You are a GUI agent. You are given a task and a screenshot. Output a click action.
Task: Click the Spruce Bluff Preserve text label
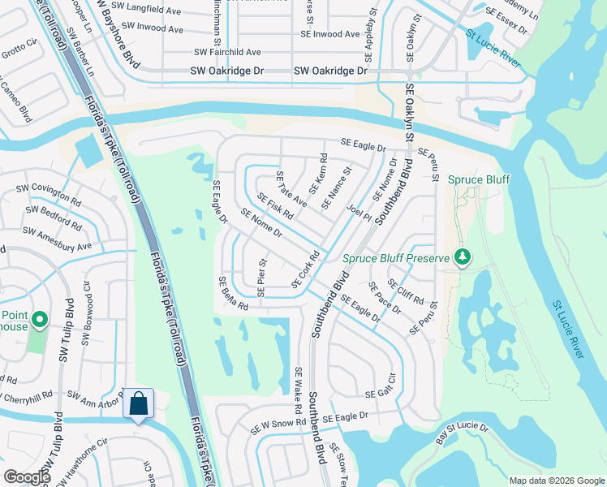coord(395,258)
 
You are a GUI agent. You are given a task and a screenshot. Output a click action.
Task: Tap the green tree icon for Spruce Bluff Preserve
coord(463,257)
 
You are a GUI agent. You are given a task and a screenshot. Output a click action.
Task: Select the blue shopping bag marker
coord(138,403)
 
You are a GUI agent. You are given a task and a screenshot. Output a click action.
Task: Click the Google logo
coord(27,477)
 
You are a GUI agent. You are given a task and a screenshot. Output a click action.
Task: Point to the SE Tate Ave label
coord(291,189)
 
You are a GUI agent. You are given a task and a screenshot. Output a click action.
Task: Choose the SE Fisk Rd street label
coord(275,206)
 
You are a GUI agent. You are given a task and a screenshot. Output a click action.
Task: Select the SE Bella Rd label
coord(232,293)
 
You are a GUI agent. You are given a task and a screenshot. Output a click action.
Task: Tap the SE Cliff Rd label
coord(406,291)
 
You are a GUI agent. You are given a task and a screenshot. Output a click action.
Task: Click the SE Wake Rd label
coord(298,387)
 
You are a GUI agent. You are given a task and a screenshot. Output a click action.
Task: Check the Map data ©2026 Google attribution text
coord(556,481)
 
